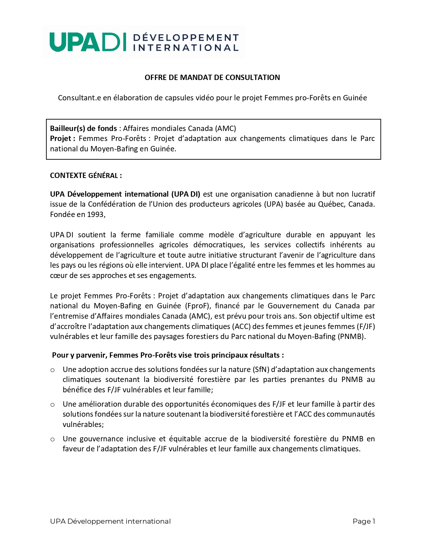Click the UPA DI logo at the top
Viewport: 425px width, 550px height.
[144, 42]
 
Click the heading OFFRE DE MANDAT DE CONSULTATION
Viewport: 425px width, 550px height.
[212, 77]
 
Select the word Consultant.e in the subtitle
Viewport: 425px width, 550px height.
[79, 98]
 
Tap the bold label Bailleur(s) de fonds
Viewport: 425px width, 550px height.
[83, 128]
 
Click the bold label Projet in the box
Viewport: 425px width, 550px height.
[61, 138]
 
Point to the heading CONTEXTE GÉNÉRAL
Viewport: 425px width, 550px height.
[86, 175]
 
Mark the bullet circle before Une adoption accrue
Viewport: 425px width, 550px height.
[52, 370]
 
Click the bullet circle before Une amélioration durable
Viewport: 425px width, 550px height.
[52, 404]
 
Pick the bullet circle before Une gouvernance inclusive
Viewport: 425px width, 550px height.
[52, 439]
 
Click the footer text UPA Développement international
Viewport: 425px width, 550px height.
[110, 521]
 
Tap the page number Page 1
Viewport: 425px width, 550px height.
[364, 521]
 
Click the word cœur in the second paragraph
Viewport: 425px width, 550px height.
[59, 275]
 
